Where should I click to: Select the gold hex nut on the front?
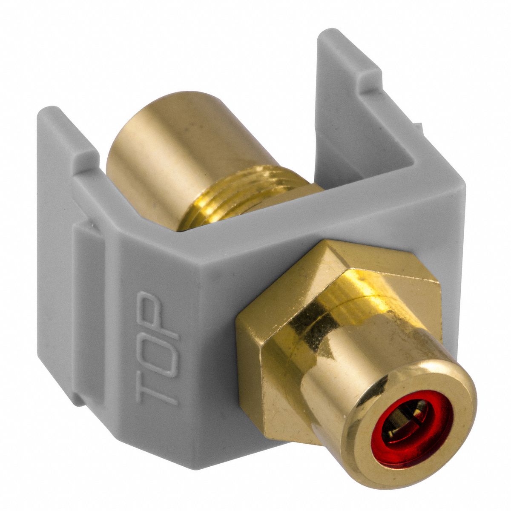coord(298,324)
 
